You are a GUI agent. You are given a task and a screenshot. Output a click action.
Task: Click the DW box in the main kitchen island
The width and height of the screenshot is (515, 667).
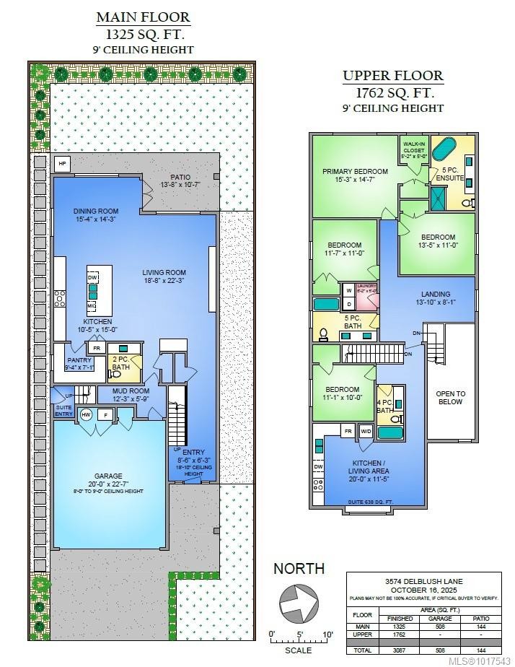coord(93,277)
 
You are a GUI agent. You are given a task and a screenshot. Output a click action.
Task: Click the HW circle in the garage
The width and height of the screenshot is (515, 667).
coord(86,414)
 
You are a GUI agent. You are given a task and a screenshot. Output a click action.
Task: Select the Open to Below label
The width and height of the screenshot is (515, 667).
coord(450,397)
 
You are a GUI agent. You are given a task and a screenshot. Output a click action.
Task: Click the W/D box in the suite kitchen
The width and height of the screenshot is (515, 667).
coord(366,432)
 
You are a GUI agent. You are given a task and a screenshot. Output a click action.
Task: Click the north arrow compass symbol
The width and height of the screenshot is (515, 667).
coord(298,601)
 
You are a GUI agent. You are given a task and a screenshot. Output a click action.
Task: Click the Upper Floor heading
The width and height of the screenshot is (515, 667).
coord(392,75)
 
